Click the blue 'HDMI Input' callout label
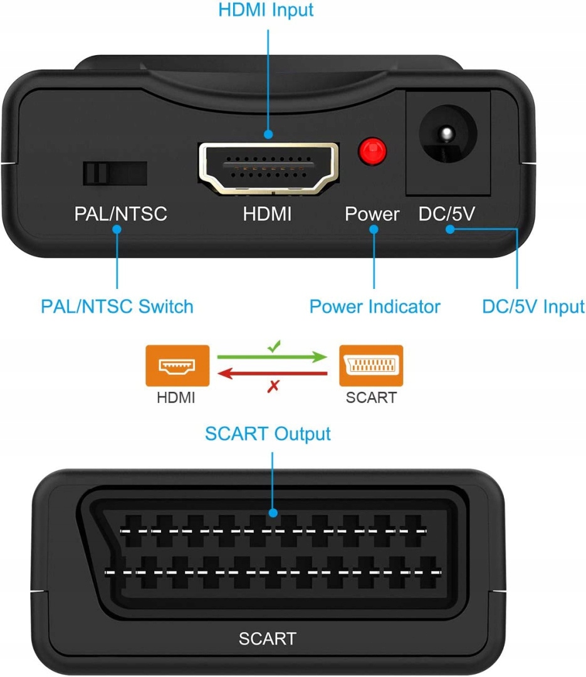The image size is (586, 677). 266,10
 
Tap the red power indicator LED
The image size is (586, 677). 372,152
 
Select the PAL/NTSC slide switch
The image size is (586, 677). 115,174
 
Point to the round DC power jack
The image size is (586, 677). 448,134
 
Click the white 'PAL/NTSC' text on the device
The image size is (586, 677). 120,214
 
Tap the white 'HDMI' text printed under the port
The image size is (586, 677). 268,214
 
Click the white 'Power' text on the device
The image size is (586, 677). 372,214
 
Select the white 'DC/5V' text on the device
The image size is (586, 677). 447,214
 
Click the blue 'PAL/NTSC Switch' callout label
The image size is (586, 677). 117,307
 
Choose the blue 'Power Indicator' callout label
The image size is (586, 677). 375,307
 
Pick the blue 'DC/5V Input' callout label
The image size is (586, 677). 533,307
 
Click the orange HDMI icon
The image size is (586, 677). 177,365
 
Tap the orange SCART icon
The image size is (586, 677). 372,365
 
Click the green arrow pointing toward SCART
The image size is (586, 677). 273,357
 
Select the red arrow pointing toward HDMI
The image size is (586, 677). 273,374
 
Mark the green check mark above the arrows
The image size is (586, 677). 275,346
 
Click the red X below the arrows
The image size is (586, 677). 273,386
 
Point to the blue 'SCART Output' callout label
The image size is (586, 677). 268,434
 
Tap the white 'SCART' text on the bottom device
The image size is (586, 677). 268,639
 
